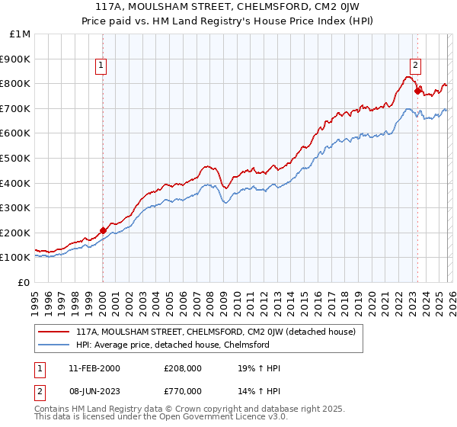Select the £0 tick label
(x=24, y=282)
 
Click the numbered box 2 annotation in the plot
(x=416, y=65)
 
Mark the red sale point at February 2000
(x=103, y=230)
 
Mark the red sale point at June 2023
(x=417, y=91)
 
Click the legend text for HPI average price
(x=173, y=345)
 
